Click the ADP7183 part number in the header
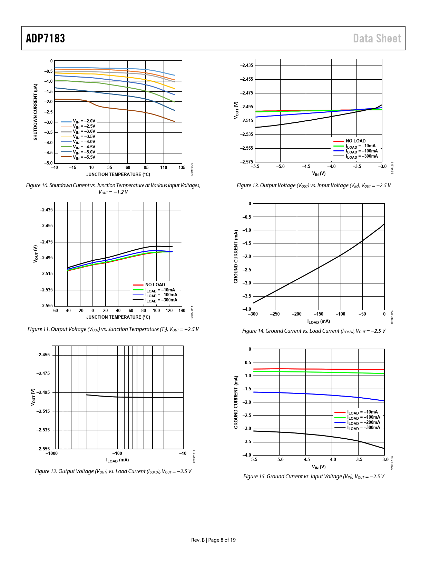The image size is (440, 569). click(x=46, y=38)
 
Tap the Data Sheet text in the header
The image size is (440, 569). click(x=377, y=38)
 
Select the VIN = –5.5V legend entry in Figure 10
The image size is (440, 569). click(x=84, y=157)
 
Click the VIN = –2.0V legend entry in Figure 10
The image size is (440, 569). click(x=84, y=121)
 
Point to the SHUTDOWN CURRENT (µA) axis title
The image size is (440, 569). click(x=35, y=112)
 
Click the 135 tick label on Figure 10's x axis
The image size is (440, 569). click(x=182, y=168)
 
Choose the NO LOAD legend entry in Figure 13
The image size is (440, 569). click(x=355, y=141)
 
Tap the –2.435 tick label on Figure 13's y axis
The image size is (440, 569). click(x=246, y=66)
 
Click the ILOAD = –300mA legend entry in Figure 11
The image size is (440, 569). click(x=161, y=300)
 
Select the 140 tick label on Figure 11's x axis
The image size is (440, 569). click(x=182, y=311)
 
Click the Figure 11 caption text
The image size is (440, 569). click(x=113, y=329)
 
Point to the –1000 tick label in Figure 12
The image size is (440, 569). click(x=52, y=453)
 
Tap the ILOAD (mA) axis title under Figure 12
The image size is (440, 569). click(x=117, y=460)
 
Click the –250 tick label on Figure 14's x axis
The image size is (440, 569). click(x=275, y=314)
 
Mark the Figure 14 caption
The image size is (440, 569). click(x=314, y=331)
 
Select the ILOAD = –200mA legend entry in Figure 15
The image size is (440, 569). click(x=363, y=422)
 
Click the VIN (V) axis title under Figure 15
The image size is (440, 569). click(x=319, y=467)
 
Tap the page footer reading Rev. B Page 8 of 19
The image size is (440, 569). click(x=213, y=540)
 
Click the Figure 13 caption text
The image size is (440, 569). click(x=314, y=186)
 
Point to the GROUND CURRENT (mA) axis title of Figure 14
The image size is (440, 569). click(x=236, y=257)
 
